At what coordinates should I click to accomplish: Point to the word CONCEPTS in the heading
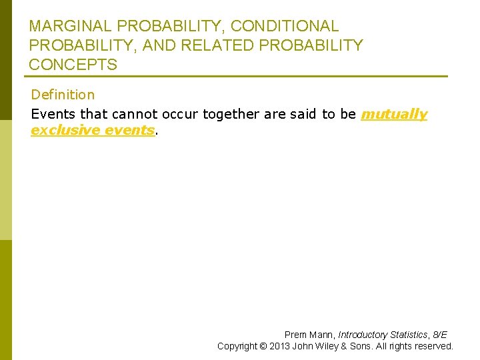[x=73, y=65]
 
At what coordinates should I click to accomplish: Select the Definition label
[x=63, y=95]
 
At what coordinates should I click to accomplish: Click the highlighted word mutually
[x=394, y=114]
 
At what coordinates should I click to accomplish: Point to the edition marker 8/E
[x=441, y=335]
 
